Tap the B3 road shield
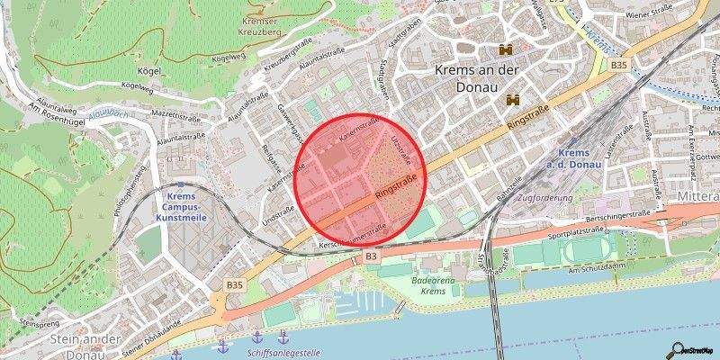click(x=370, y=257)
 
